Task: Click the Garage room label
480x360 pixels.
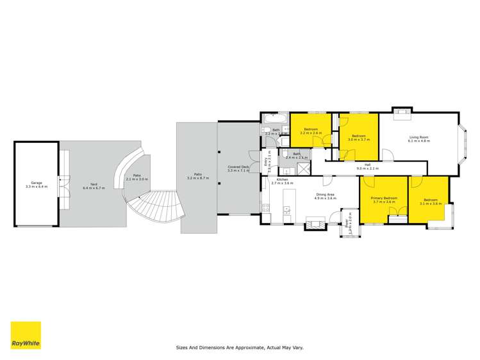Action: (x=37, y=183)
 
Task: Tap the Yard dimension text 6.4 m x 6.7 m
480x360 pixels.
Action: (x=93, y=188)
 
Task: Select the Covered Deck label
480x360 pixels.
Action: (x=238, y=167)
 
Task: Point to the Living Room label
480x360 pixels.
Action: (x=419, y=137)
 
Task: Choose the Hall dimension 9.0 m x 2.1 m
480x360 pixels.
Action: (x=368, y=168)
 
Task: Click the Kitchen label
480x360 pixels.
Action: (x=282, y=179)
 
